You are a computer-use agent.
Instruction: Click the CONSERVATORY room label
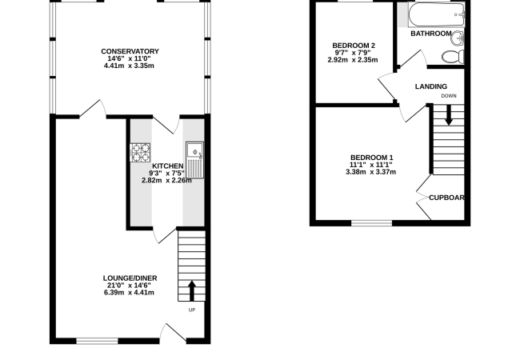(130, 51)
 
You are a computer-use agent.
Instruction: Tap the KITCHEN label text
(167, 166)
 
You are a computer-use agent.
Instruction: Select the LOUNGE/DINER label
(130, 278)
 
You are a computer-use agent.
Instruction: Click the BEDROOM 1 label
(371, 158)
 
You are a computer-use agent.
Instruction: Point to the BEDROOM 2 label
(354, 46)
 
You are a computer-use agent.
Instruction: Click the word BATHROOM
(430, 34)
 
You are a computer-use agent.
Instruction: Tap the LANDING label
(430, 86)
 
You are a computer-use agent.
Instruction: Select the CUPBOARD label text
(446, 198)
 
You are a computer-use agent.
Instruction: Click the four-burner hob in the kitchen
(140, 153)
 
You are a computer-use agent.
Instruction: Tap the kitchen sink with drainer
(194, 160)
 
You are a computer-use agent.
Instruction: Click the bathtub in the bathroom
(437, 15)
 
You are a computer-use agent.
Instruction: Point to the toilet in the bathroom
(453, 57)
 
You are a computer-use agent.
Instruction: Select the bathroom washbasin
(458, 38)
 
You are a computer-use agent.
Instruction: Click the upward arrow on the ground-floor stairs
(192, 291)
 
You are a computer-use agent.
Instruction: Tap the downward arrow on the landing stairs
(448, 115)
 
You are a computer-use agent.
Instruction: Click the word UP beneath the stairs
(192, 310)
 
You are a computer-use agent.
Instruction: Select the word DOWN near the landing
(449, 96)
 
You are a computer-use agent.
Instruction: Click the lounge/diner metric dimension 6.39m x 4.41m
(129, 292)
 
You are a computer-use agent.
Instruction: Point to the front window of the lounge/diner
(97, 341)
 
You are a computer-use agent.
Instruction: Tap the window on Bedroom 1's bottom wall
(371, 223)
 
